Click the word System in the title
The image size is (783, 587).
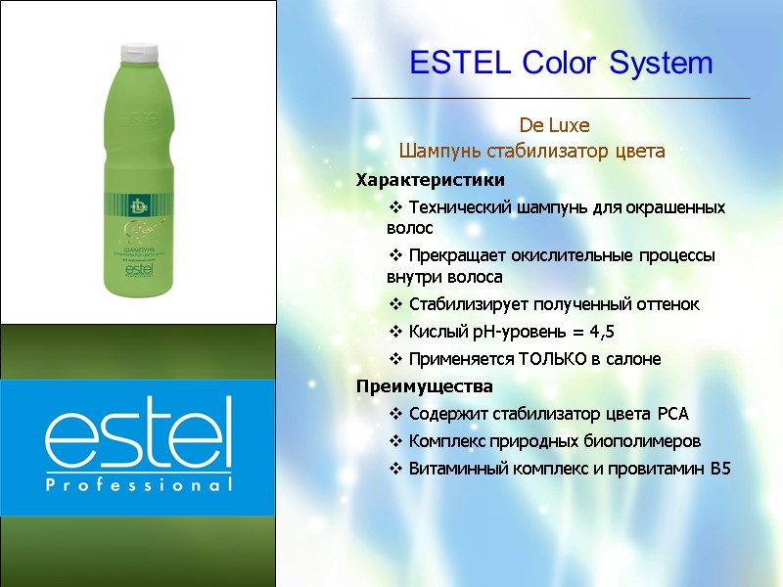click(662, 64)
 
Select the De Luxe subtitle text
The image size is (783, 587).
click(554, 126)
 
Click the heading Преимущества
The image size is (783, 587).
click(424, 385)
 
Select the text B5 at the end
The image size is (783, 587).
click(720, 469)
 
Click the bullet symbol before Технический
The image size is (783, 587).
click(396, 207)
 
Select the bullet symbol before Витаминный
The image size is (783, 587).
click(396, 469)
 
